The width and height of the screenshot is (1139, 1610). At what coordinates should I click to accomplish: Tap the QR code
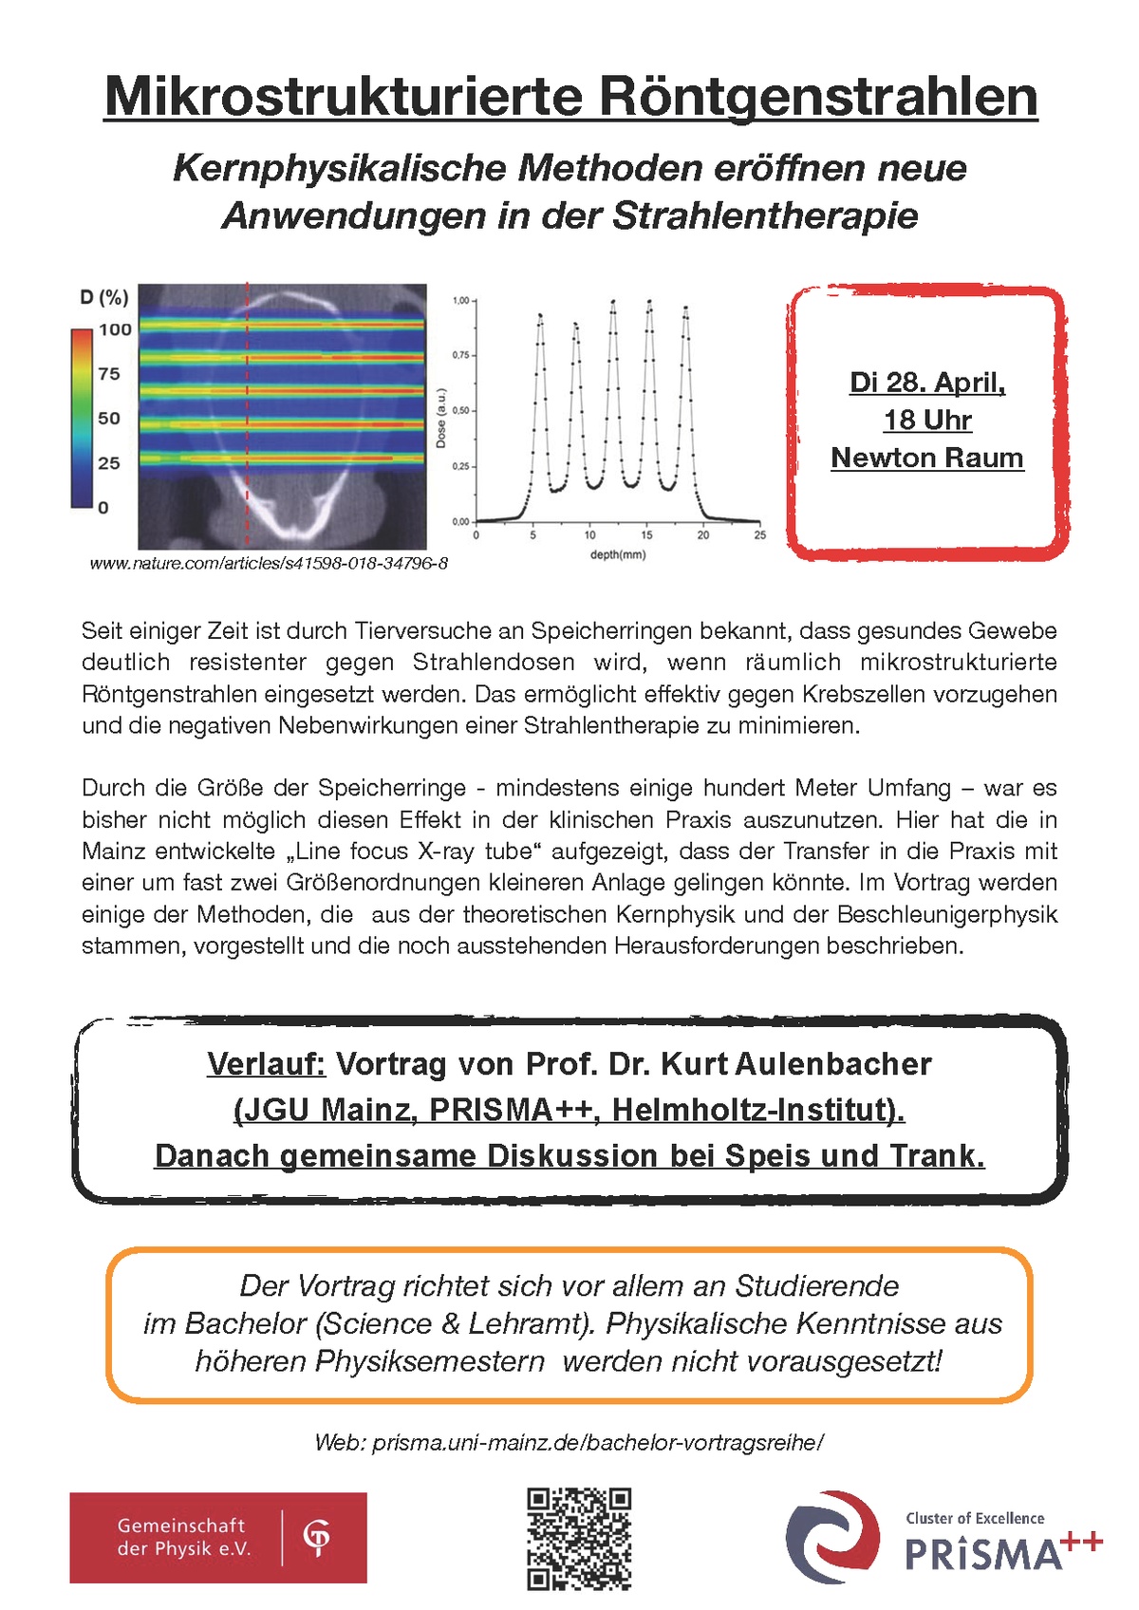click(579, 1538)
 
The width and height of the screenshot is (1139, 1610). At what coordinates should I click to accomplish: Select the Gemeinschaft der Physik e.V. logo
click(217, 1537)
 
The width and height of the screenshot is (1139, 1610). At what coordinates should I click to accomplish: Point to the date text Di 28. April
click(927, 383)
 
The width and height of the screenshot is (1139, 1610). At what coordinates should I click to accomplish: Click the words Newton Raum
click(927, 458)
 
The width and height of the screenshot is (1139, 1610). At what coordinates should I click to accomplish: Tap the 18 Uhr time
click(927, 420)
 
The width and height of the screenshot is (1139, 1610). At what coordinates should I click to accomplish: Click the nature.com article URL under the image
click(269, 563)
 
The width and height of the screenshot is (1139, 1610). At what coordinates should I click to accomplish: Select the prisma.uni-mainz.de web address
click(598, 1443)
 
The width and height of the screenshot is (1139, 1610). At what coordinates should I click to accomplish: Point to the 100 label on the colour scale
click(115, 329)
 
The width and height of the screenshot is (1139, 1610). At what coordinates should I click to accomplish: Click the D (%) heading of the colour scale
click(103, 297)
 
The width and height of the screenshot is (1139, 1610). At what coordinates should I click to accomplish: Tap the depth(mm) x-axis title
click(617, 554)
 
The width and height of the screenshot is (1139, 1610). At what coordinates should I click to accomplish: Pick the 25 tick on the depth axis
click(759, 535)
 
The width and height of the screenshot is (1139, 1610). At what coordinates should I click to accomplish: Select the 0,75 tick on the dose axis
click(460, 354)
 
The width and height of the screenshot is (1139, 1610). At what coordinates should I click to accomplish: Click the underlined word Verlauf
click(266, 1063)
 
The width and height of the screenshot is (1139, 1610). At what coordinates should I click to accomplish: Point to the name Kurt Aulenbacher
click(796, 1063)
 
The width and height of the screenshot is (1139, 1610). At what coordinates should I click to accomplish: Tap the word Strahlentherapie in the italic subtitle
click(765, 215)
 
